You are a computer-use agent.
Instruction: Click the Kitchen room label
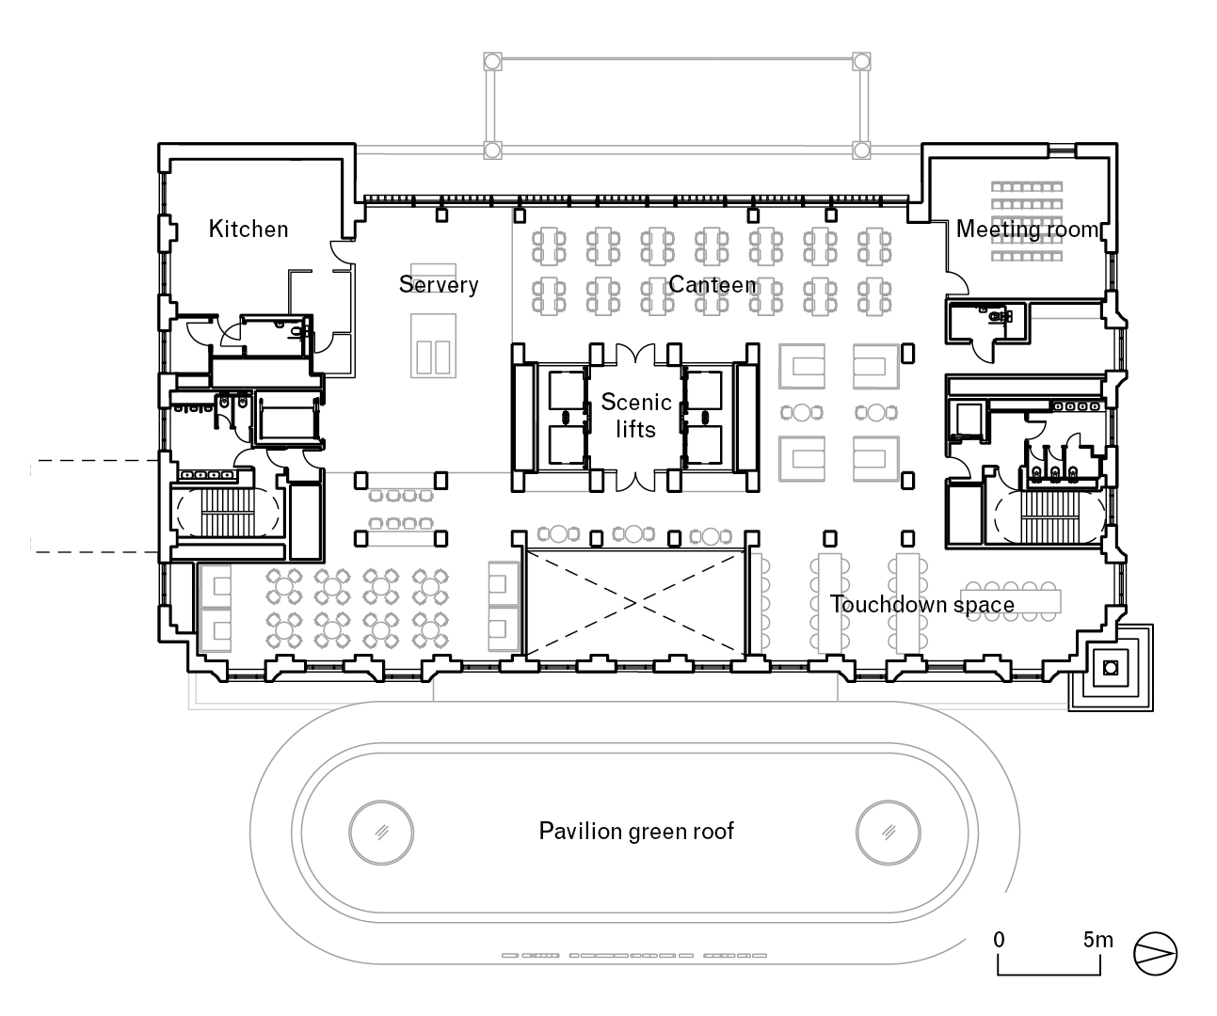248,229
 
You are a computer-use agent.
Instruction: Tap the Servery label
439,284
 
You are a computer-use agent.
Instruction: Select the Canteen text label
713,284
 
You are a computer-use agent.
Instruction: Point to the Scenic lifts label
636,415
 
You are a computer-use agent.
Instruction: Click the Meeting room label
1027,229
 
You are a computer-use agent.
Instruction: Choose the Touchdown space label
922,605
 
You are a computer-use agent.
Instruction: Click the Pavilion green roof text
636,832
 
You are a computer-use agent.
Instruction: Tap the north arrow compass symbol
1156,952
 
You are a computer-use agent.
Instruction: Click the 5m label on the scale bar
1097,939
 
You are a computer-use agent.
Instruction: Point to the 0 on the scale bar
999,939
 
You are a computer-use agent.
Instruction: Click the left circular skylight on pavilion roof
381,832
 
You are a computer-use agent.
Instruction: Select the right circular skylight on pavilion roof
889,832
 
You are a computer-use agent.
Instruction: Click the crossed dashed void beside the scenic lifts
636,603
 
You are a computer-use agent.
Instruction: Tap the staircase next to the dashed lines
224,511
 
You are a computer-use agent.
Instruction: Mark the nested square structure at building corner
1112,668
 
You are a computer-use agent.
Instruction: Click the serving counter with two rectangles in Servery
433,344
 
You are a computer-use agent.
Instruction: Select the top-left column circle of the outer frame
491,62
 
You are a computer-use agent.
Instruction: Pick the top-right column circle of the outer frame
860,62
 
